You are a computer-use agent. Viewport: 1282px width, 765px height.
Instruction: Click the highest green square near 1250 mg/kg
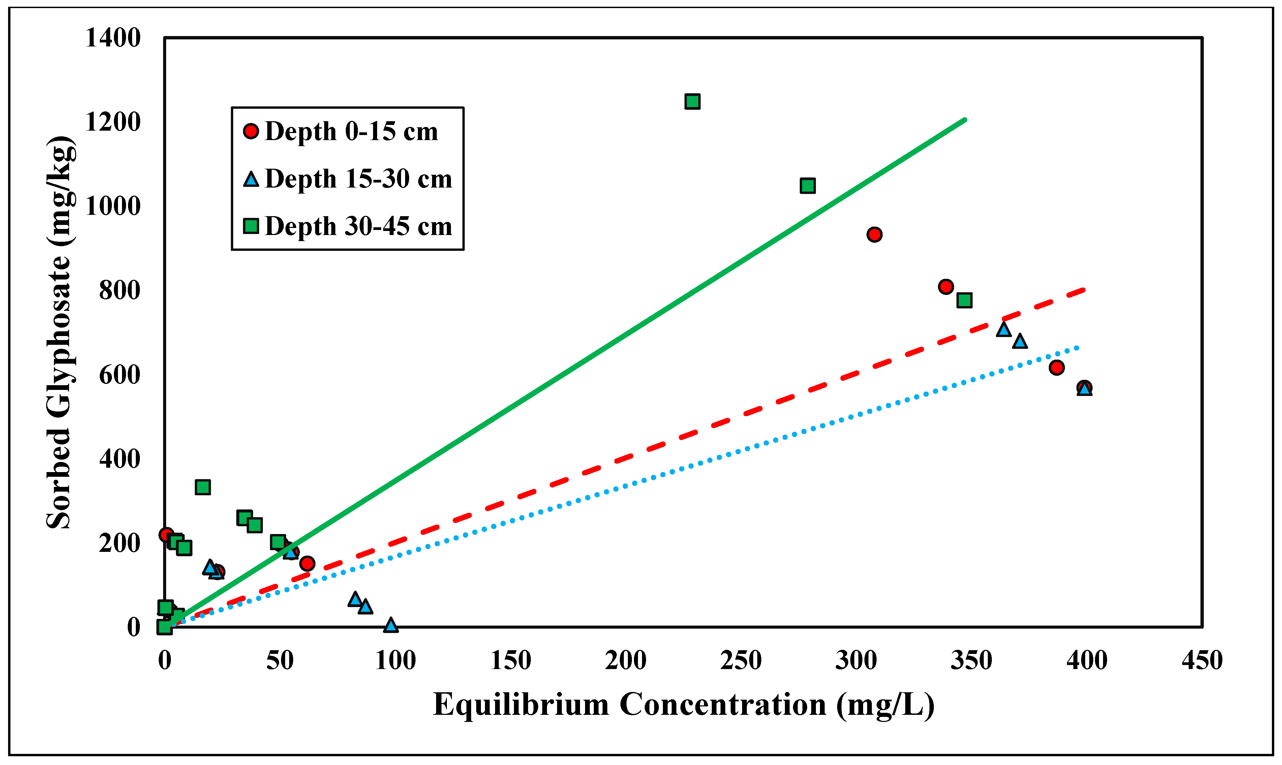coord(692,102)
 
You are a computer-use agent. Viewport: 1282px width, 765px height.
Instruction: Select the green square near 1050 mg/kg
coord(807,186)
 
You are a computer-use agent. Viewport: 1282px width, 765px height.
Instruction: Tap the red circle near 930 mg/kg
coord(874,235)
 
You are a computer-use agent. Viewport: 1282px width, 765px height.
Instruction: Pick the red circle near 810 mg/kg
coord(946,287)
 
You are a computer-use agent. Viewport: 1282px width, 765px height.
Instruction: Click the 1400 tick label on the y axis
coord(113,38)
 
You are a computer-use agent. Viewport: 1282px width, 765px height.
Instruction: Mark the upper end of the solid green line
coord(965,120)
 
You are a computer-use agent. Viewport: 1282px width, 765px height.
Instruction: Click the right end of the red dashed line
coord(1085,290)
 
